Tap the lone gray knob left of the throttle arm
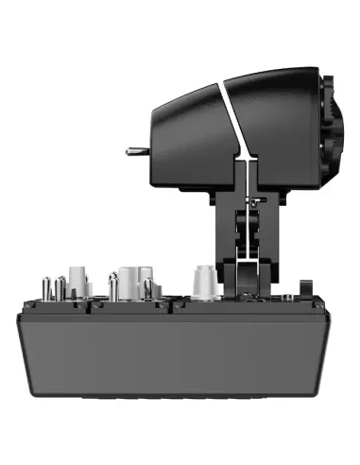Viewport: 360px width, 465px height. coord(200,281)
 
